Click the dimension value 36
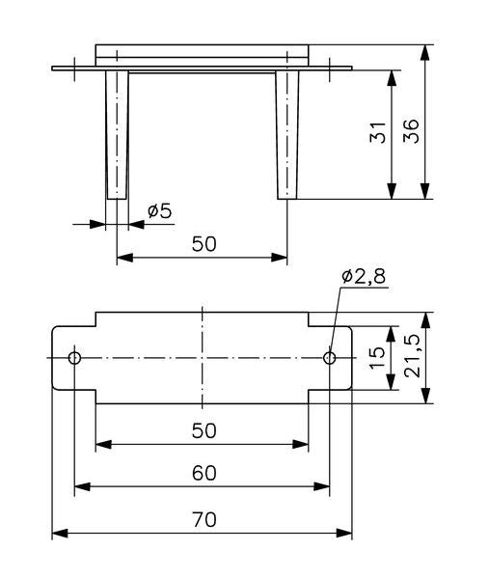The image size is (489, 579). click(x=412, y=130)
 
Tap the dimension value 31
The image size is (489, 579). click(x=378, y=132)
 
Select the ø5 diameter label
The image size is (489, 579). click(x=160, y=211)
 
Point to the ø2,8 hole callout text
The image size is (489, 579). click(x=364, y=276)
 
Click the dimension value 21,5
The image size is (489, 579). click(x=412, y=356)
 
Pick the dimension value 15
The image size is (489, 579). click(x=377, y=357)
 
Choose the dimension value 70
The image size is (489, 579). click(x=204, y=520)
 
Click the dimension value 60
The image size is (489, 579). click(x=204, y=473)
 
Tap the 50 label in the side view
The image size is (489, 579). click(x=204, y=244)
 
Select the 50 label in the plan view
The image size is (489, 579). click(x=204, y=430)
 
